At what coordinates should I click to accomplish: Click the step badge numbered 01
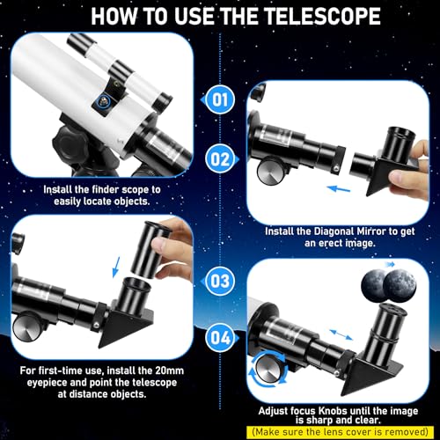click(220, 99)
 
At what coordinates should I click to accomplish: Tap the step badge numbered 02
click(221, 159)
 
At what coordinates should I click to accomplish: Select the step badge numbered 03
click(220, 281)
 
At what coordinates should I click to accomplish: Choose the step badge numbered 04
click(221, 338)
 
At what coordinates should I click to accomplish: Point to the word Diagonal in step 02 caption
click(334, 231)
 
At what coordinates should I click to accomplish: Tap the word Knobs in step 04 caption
click(334, 411)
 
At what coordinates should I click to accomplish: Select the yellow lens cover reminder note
click(340, 432)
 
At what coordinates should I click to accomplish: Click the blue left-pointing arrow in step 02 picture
click(339, 188)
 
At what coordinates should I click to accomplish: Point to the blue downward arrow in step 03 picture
click(116, 267)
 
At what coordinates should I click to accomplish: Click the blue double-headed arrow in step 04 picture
click(341, 334)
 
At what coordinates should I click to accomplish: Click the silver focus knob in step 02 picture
click(270, 171)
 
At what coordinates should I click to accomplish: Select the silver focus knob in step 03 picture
click(27, 328)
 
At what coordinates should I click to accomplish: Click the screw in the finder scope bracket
click(103, 102)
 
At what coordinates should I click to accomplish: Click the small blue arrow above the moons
click(389, 264)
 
